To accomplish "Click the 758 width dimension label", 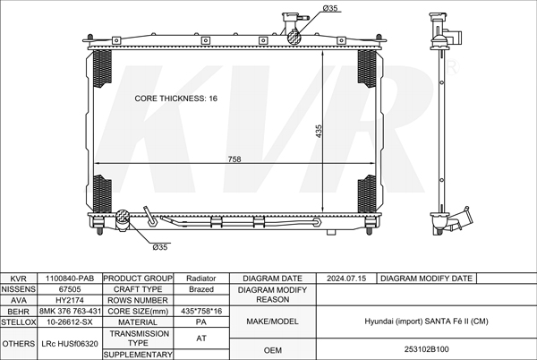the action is [x=234, y=159].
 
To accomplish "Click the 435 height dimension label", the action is [x=319, y=131].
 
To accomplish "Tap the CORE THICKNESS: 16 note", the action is [x=175, y=99].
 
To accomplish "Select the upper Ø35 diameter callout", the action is [x=330, y=8].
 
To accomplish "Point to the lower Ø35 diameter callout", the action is [x=160, y=247].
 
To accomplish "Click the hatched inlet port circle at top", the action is [x=294, y=37].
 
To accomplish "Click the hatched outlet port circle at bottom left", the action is [x=123, y=217].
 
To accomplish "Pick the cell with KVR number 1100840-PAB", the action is [x=70, y=279].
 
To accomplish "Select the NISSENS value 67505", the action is [x=70, y=289].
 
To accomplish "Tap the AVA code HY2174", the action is [x=70, y=300].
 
